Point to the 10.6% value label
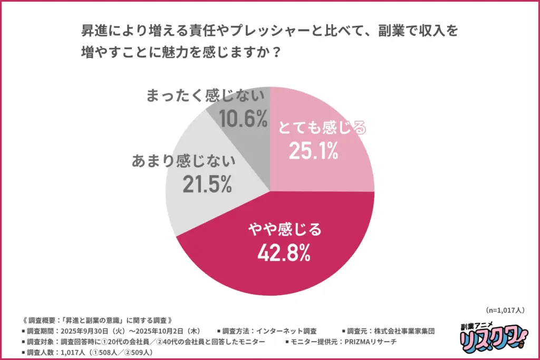pyautogui.click(x=243, y=120)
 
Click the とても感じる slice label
pyautogui.click(x=322, y=128)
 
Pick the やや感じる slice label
pyautogui.click(x=284, y=230)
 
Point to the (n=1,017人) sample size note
pyautogui.click(x=503, y=310)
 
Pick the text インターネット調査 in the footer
pyautogui.click(x=285, y=331)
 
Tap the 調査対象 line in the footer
pyautogui.click(x=142, y=342)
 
